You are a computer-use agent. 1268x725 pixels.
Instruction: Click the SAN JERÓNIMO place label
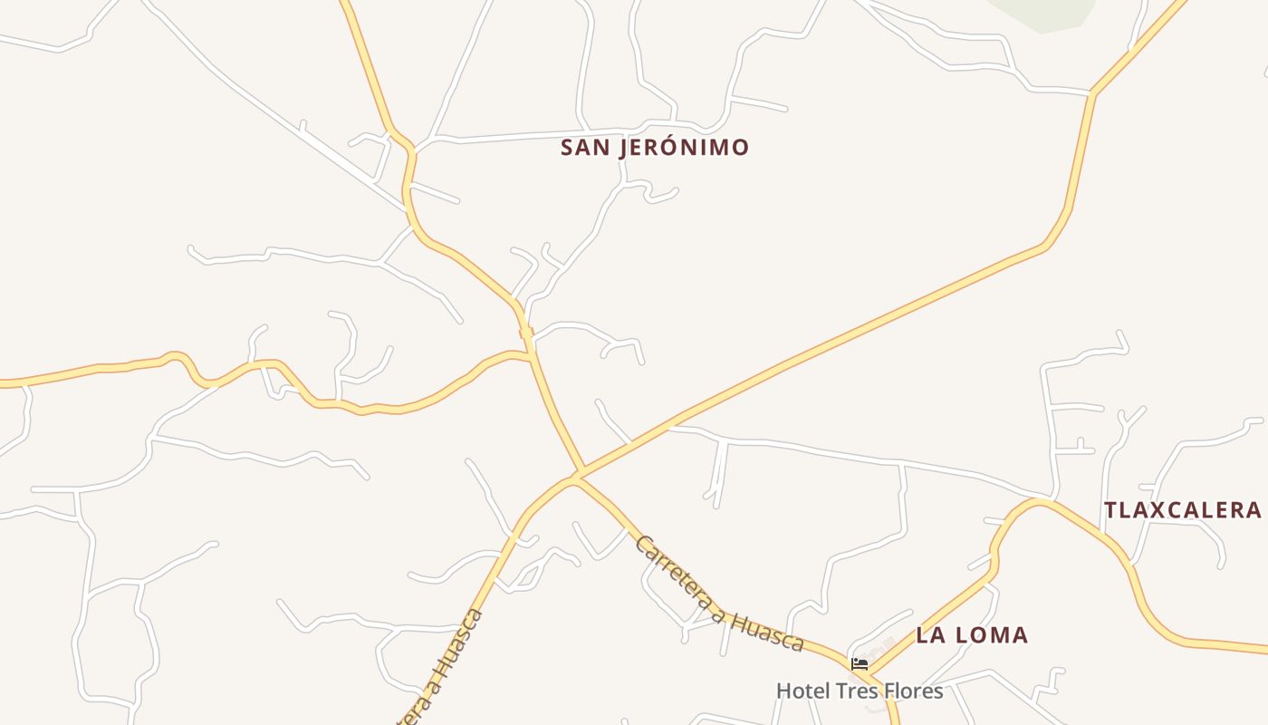[655, 147]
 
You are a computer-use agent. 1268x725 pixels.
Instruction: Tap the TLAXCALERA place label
[1182, 509]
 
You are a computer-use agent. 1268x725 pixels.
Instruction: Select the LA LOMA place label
[972, 634]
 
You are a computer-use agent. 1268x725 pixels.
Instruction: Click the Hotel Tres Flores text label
[860, 691]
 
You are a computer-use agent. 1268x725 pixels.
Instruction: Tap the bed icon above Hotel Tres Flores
[860, 664]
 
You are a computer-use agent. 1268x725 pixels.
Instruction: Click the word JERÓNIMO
[684, 147]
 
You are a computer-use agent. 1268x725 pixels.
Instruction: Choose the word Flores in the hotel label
[913, 691]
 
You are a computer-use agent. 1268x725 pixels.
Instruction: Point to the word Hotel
[802, 691]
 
